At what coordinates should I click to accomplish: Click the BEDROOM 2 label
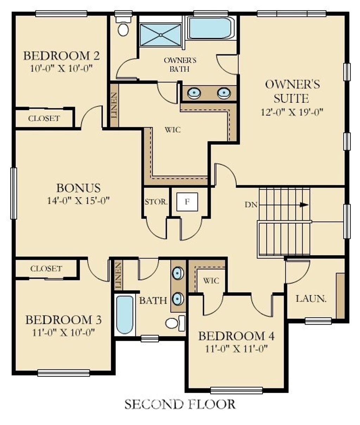pos(61,55)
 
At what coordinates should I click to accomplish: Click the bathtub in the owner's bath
pos(210,28)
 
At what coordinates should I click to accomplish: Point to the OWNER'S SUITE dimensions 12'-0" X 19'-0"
pos(292,112)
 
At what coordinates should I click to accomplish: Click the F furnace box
pos(187,202)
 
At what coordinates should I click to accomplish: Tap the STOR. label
pos(156,202)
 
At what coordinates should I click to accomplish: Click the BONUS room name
pos(78,188)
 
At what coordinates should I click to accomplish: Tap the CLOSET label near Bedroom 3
pos(46,269)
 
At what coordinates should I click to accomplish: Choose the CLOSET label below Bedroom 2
pos(44,118)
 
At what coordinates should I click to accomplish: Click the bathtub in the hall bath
pos(125,315)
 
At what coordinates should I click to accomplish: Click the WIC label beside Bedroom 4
pos(211,281)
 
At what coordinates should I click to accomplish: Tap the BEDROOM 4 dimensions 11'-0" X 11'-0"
pos(237,348)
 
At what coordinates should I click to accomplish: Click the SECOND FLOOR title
pos(180,404)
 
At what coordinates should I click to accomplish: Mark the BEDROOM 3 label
pos(64,320)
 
